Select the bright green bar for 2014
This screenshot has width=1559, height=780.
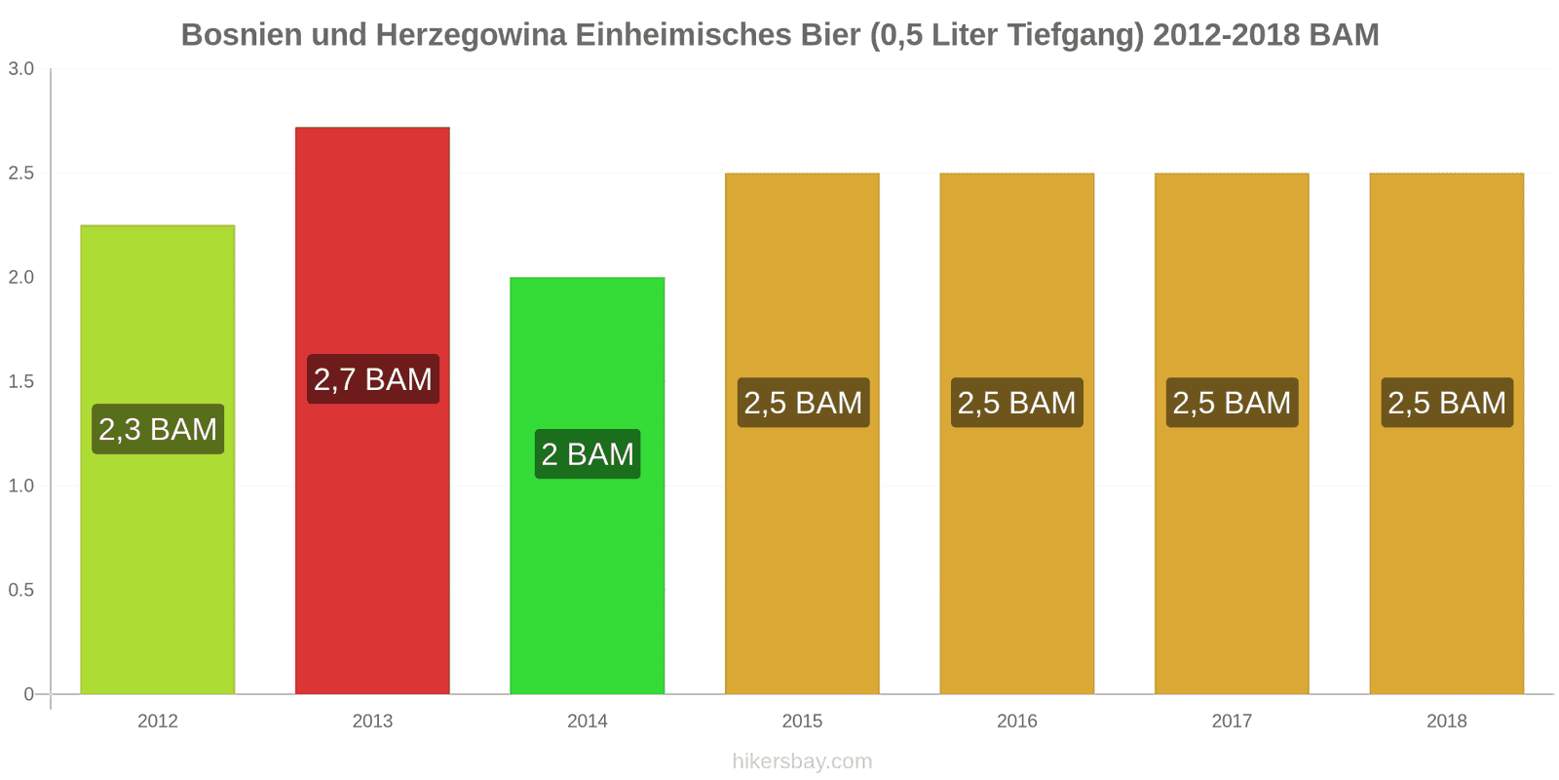point(588,585)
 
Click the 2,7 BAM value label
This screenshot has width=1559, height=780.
point(373,379)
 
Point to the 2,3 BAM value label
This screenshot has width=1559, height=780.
point(158,429)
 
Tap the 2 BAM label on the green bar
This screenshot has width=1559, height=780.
point(588,454)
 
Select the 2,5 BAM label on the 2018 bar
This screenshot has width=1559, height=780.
point(1447,403)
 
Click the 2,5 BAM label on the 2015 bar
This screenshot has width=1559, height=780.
point(803,403)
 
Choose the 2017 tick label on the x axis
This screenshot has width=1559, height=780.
point(1232,721)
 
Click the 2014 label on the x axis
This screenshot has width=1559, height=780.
point(588,721)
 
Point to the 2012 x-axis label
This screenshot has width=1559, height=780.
point(158,721)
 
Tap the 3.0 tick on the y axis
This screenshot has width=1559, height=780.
point(21,69)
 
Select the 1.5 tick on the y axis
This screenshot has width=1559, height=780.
point(21,382)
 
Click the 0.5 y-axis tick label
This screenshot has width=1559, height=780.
point(21,591)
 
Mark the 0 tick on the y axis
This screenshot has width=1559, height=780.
point(28,694)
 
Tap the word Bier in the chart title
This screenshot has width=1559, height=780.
point(830,35)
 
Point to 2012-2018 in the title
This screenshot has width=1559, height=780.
point(1226,35)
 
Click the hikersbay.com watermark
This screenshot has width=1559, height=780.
point(802,761)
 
